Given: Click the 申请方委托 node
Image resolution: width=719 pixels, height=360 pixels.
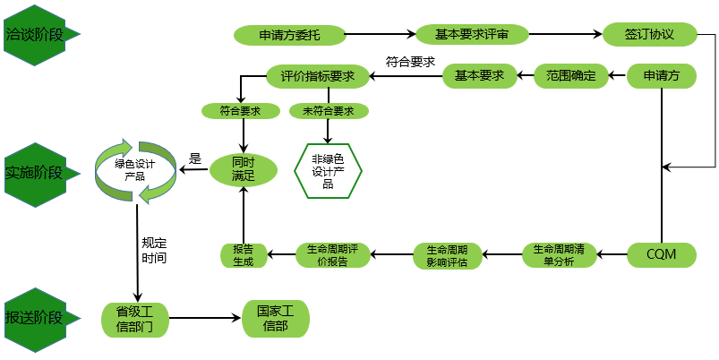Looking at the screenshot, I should pyautogui.click(x=288, y=36).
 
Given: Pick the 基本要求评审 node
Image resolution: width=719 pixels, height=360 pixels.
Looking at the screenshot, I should pyautogui.click(x=472, y=35).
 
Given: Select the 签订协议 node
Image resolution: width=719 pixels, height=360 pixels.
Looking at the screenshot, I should pyautogui.click(x=650, y=35).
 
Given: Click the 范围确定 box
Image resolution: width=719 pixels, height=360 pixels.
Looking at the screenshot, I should pyautogui.click(x=571, y=76).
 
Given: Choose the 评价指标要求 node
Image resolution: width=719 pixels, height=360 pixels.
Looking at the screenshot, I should pyautogui.click(x=318, y=76).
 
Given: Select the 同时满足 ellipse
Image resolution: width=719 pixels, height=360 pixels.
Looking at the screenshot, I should pyautogui.click(x=243, y=169).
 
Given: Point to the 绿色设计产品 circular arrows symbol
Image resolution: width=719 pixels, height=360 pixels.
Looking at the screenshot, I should pyautogui.click(x=136, y=169).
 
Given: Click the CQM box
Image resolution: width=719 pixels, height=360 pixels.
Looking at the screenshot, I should pyautogui.click(x=661, y=255).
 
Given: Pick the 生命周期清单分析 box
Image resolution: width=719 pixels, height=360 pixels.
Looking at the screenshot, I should pyautogui.click(x=559, y=255).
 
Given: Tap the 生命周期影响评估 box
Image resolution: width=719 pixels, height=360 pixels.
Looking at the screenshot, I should pyautogui.click(x=447, y=255).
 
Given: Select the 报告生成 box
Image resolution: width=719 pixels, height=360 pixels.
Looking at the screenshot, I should pyautogui.click(x=243, y=255).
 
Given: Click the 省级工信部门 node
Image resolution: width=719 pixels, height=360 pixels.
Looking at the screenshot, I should pyautogui.click(x=134, y=318).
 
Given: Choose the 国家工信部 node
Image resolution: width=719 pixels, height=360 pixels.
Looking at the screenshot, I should pyautogui.click(x=276, y=318).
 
